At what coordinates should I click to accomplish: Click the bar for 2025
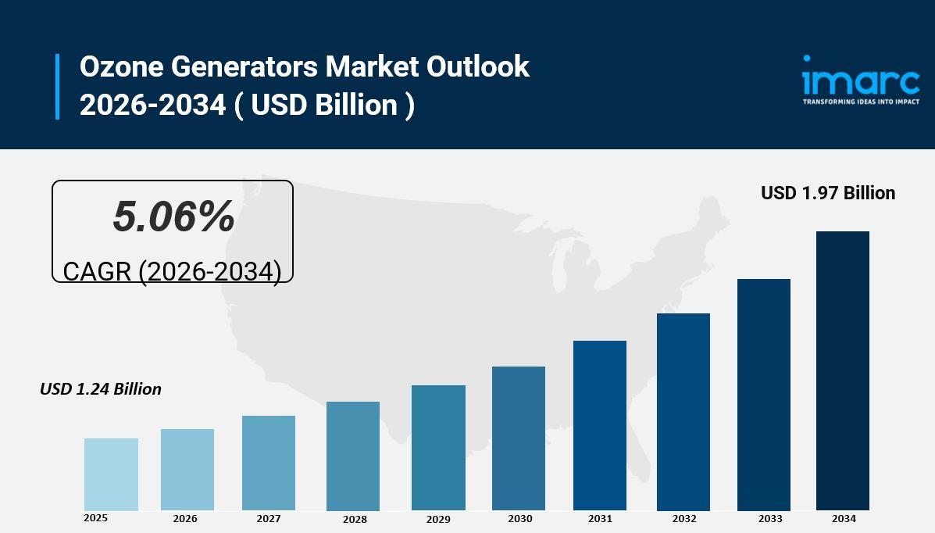[x=111, y=474]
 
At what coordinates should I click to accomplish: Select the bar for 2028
[x=353, y=456]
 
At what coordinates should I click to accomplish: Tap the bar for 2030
[x=519, y=438]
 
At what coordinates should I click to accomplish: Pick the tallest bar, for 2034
[x=843, y=371]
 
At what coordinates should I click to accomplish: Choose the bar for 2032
[x=683, y=412]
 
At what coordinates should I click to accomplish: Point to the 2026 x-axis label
[x=185, y=519]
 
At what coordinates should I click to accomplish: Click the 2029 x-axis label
[x=438, y=519]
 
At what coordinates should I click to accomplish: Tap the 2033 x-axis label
[x=770, y=519]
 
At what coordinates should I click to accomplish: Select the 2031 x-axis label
[x=600, y=519]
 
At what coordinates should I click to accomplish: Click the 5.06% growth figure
[x=173, y=216]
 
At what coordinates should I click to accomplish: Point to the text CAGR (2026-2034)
[x=172, y=271]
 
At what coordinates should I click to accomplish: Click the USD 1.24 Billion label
[x=101, y=389]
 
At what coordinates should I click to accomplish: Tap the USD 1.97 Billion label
[x=828, y=193]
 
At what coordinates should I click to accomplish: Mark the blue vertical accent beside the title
[x=57, y=86]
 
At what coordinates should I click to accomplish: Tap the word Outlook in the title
[x=477, y=67]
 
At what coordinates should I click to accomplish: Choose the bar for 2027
[x=269, y=463]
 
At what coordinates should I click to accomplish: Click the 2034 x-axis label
[x=844, y=519]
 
